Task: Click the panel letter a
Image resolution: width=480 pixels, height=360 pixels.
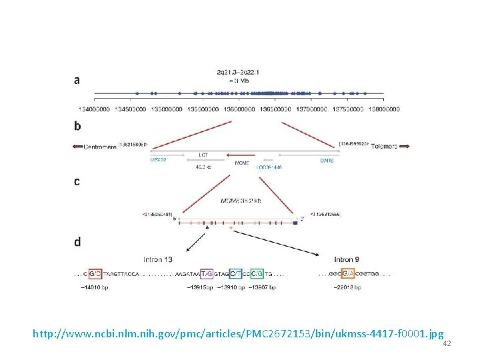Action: [x=77, y=80]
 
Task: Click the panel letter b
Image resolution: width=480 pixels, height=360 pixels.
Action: [x=77, y=125]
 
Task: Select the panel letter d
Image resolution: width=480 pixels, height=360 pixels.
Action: [x=77, y=241]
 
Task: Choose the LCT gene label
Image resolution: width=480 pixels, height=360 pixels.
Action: [x=203, y=155]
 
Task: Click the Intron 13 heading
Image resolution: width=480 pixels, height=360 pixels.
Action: [x=158, y=259]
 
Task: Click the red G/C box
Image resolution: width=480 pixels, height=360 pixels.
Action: [x=95, y=273]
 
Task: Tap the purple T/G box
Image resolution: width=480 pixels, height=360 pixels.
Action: [x=207, y=273]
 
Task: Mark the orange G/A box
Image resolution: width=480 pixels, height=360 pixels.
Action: [x=348, y=273]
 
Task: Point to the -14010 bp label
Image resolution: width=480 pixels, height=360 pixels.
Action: [x=93, y=287]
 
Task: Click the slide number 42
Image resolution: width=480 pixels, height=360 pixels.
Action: [x=447, y=343]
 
